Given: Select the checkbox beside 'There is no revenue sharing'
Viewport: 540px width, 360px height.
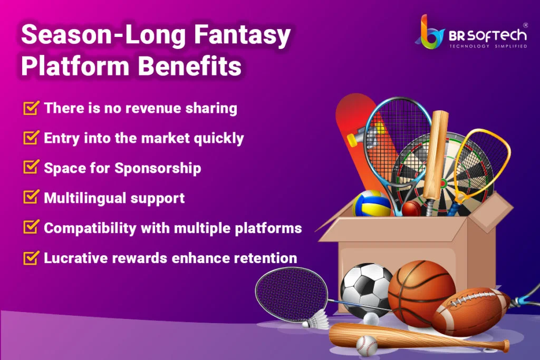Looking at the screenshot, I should pos(31,108).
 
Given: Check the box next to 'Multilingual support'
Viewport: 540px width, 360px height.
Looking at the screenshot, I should pos(31,198).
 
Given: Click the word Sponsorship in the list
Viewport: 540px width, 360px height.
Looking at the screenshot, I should pos(158,168).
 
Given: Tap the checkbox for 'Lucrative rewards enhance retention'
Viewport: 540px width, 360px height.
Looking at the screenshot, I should pos(31,258).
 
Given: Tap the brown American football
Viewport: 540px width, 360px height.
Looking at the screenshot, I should pos(471,312).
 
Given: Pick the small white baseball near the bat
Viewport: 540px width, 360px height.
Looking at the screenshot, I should pos(367,346).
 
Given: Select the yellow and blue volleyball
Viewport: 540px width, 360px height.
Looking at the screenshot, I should pos(371,203).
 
